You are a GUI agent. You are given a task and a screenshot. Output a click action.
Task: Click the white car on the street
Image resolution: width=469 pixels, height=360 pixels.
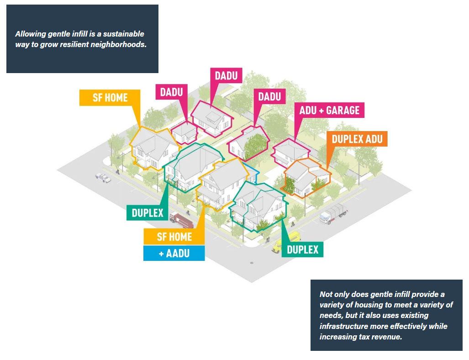(x=103, y=177)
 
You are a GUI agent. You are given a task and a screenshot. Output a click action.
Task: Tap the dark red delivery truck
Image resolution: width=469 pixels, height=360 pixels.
(x=182, y=221)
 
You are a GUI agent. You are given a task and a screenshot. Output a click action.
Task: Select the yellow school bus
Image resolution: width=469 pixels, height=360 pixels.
(x=286, y=241)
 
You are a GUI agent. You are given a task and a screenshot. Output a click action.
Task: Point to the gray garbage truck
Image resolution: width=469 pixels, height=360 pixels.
(x=334, y=213)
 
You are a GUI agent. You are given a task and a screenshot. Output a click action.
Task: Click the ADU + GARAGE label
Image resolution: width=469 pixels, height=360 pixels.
(x=329, y=110)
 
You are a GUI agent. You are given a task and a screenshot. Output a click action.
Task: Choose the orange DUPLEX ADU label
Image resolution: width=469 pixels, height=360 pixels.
(x=357, y=139)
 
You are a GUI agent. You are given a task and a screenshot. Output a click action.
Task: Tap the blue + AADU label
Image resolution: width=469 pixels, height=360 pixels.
(x=174, y=253)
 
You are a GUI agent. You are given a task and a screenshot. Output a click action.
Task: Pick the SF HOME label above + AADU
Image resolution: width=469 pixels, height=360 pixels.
(x=174, y=237)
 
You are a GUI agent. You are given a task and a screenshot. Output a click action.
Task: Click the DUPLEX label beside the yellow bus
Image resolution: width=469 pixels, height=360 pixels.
(x=302, y=249)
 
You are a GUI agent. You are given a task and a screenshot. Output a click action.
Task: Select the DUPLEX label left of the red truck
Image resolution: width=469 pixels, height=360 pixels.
(x=147, y=212)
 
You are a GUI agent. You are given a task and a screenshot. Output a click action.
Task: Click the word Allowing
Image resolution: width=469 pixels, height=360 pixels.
(x=30, y=34)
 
